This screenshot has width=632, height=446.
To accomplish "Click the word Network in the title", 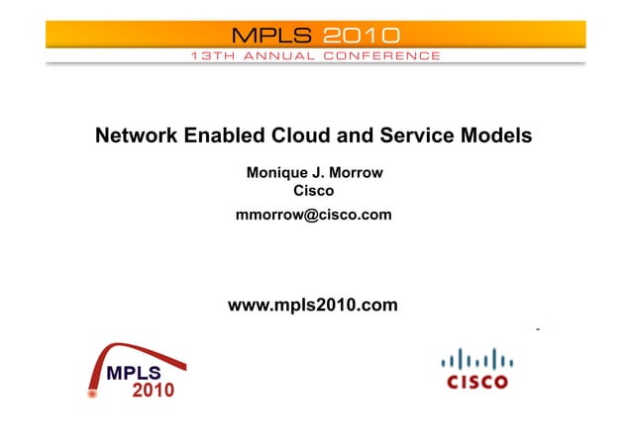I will (136, 136).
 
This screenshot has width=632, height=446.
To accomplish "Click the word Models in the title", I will (497, 136).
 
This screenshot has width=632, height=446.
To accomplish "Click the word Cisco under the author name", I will (314, 191).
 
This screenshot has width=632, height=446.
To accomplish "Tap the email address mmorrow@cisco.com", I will (313, 215).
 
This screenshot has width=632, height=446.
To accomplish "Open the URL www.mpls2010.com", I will (313, 306).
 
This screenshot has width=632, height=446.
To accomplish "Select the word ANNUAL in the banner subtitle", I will (277, 56).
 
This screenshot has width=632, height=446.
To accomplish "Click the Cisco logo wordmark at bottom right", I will (476, 382).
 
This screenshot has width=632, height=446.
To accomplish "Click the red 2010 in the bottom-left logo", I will (153, 390).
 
